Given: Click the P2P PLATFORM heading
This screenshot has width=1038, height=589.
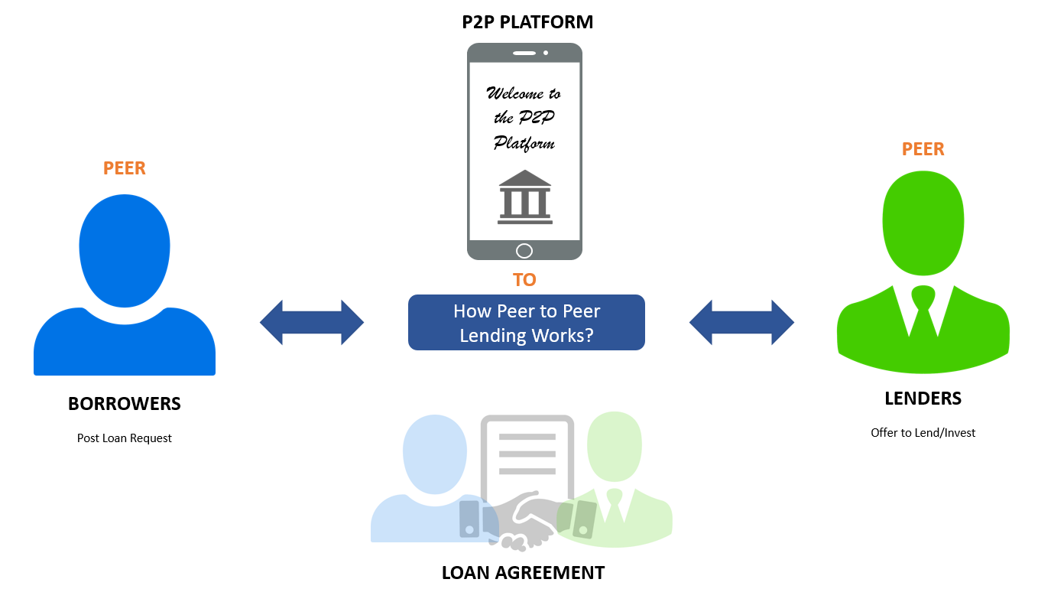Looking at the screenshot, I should [527, 22].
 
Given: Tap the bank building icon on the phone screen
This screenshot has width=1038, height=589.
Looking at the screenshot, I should [524, 197].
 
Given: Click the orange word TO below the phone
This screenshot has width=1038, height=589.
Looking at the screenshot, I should [524, 280].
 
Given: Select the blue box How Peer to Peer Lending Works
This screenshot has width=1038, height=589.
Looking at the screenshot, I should [526, 323].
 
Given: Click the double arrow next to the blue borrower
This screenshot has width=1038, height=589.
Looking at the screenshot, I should [312, 322].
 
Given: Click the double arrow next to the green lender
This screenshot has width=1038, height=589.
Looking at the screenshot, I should [741, 322].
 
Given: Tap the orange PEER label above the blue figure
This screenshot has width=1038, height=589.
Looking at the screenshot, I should [125, 168].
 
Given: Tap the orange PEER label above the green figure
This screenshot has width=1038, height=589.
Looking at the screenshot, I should [923, 149].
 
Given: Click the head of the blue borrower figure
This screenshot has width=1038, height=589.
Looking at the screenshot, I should [125, 249].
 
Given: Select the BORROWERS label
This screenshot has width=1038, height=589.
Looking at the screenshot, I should [125, 404].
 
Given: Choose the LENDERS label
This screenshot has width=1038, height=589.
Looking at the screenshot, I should [923, 399].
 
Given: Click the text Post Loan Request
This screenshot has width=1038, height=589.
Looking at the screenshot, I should [125, 438].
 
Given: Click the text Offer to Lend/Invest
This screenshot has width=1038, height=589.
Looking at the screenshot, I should [923, 433].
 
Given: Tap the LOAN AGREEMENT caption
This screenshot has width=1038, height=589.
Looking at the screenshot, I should [523, 573].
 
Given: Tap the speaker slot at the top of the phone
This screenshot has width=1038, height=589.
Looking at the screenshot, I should [524, 53].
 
